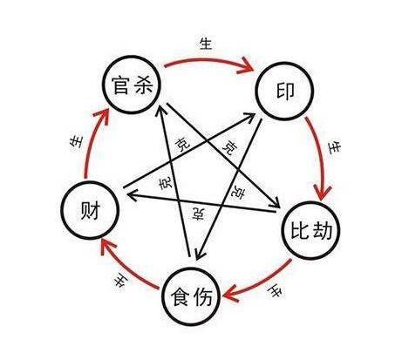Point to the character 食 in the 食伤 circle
(181, 296)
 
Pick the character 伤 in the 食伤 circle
(202, 296)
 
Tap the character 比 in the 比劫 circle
(300, 231)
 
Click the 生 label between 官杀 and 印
(206, 44)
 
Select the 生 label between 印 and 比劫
(334, 147)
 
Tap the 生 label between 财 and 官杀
(77, 142)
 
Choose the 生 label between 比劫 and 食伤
(275, 291)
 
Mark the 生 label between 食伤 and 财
(120, 281)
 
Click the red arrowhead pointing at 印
(246, 65)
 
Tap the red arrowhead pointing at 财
(107, 247)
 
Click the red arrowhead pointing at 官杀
(101, 116)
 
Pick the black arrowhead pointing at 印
(249, 118)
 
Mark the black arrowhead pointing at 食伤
(200, 254)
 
